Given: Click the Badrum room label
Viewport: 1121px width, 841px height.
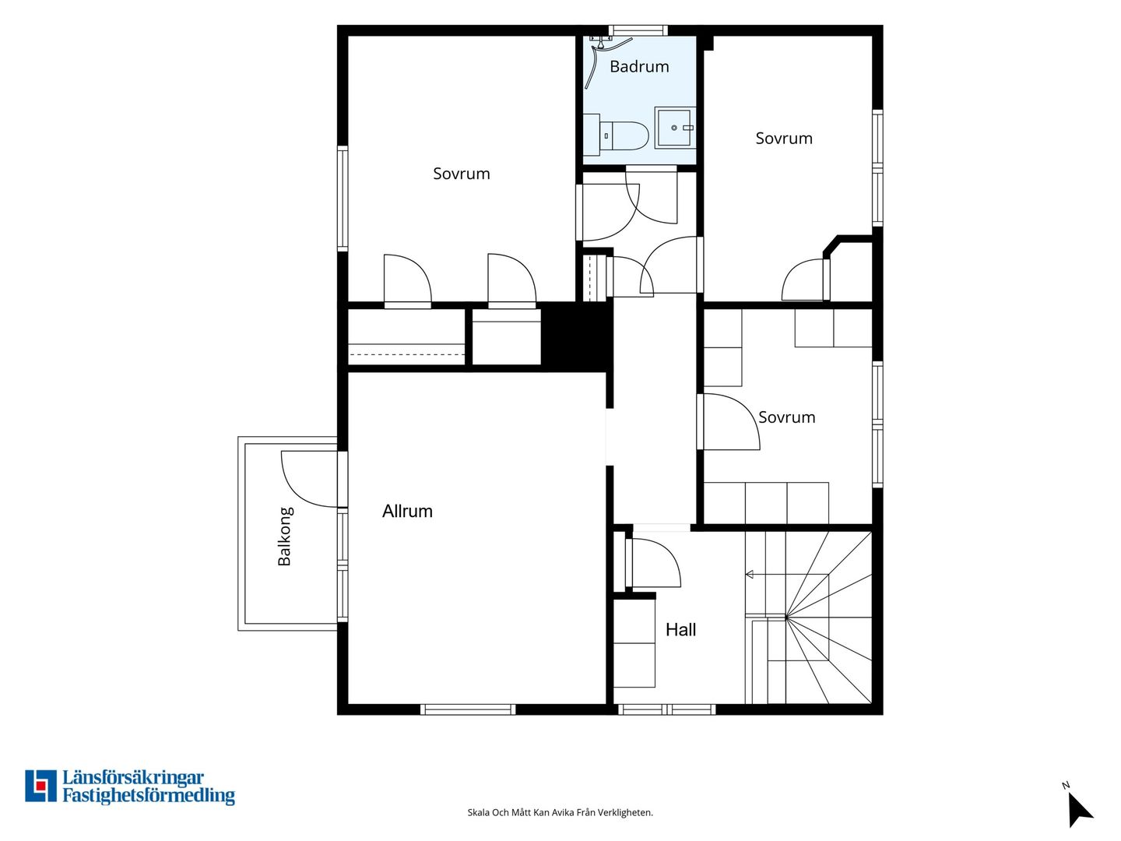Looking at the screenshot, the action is [x=639, y=66].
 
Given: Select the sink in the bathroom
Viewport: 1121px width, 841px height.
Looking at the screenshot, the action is [x=675, y=127].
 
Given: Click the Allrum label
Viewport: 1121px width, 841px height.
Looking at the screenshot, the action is [x=407, y=511].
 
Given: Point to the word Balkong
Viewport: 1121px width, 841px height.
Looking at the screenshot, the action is [x=284, y=537].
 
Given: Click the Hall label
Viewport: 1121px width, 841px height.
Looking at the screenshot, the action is [x=680, y=630].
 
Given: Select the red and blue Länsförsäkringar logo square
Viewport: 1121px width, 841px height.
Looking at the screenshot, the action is [x=40, y=786].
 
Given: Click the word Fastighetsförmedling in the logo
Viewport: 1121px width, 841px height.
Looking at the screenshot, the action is [x=149, y=796].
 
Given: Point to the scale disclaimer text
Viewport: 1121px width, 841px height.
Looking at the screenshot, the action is [x=560, y=812].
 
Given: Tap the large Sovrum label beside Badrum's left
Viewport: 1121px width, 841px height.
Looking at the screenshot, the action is [x=461, y=174].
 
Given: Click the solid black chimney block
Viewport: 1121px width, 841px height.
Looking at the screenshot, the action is [x=577, y=335].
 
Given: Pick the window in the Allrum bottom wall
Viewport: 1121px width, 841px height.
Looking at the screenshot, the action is [x=468, y=709].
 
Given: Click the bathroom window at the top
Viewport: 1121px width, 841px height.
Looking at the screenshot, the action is [x=638, y=30].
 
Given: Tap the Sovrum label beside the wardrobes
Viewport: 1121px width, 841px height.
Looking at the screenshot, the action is [x=786, y=417].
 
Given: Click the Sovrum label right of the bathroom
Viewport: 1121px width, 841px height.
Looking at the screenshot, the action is [x=784, y=139].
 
